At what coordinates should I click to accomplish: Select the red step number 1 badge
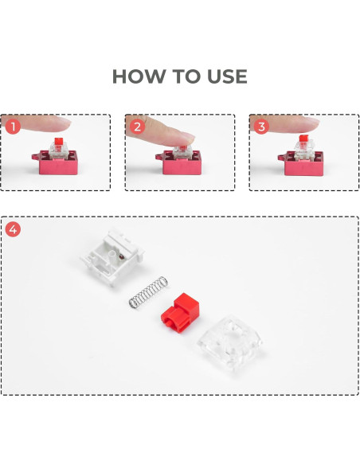(x=12, y=127)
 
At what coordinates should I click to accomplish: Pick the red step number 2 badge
(x=137, y=127)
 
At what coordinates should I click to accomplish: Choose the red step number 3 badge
(x=261, y=127)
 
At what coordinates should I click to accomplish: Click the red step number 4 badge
(x=13, y=229)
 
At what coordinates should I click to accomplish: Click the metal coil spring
(x=148, y=292)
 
